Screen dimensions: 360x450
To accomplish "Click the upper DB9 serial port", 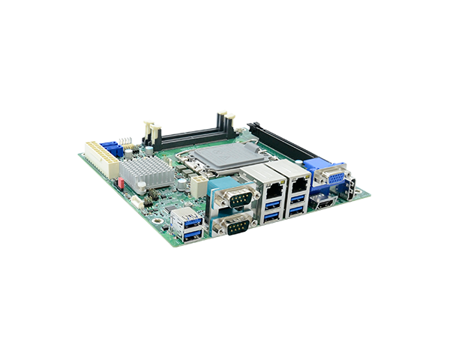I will click(x=233, y=199).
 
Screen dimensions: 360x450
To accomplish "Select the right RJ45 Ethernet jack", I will click(x=299, y=181).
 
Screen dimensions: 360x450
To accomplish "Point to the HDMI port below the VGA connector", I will click(x=325, y=204).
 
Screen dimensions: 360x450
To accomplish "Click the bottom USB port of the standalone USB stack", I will click(x=189, y=235).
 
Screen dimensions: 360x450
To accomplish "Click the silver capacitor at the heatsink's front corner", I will click(x=166, y=186).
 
